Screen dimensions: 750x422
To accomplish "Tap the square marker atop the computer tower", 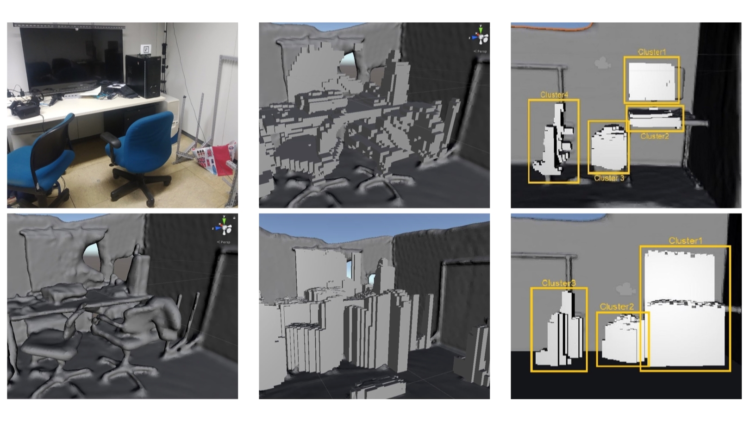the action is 146,49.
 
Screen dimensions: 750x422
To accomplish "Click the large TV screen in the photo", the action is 71,59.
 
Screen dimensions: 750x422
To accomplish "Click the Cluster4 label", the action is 554,95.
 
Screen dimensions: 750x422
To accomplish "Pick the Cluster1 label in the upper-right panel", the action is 651,52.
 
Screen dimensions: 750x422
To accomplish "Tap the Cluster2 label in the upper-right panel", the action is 655,136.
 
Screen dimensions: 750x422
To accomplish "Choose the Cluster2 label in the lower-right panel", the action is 617,307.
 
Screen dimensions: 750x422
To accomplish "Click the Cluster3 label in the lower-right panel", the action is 559,283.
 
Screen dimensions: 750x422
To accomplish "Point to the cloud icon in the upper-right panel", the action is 602,63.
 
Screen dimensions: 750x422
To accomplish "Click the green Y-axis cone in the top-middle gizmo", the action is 481,30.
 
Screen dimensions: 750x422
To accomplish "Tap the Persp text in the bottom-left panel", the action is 225,242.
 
